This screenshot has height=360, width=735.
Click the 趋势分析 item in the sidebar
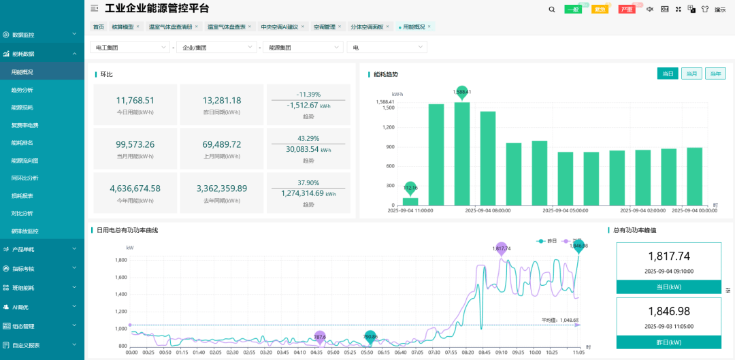pyautogui.click(x=22, y=90)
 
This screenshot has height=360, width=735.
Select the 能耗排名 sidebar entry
pyautogui.click(x=22, y=143)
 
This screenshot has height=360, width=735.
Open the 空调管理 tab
pyautogui.click(x=325, y=27)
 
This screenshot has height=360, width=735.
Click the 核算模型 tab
pyautogui.click(x=122, y=27)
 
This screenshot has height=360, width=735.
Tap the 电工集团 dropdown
pyautogui.click(x=129, y=48)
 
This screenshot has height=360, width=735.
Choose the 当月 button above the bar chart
pyautogui.click(x=691, y=73)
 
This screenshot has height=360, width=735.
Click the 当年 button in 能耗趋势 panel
pyautogui.click(x=715, y=73)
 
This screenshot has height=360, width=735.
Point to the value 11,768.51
pyautogui.click(x=135, y=100)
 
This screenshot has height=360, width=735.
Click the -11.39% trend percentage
pyautogui.click(x=308, y=94)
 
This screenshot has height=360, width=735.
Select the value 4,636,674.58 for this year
pyautogui.click(x=135, y=189)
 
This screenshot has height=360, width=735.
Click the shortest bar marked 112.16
pyautogui.click(x=410, y=201)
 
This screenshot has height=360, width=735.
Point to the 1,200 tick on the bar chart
pyautogui.click(x=389, y=127)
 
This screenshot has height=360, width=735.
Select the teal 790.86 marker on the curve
pyautogui.click(x=370, y=336)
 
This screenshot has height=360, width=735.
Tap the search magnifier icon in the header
pyautogui.click(x=552, y=10)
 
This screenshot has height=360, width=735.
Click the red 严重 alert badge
pyautogui.click(x=627, y=10)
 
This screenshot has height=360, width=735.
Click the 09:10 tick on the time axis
pyautogui.click(x=502, y=353)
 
